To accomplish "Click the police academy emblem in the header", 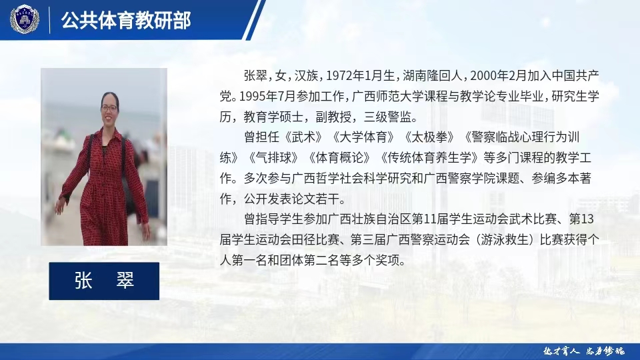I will pyautogui.click(x=25, y=19).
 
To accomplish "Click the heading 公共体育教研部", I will pyautogui.click(x=126, y=21).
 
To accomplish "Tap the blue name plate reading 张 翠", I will pyautogui.click(x=104, y=281).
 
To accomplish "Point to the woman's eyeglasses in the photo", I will pyautogui.click(x=109, y=107).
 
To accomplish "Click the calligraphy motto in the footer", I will pyautogui.click(x=581, y=351).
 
